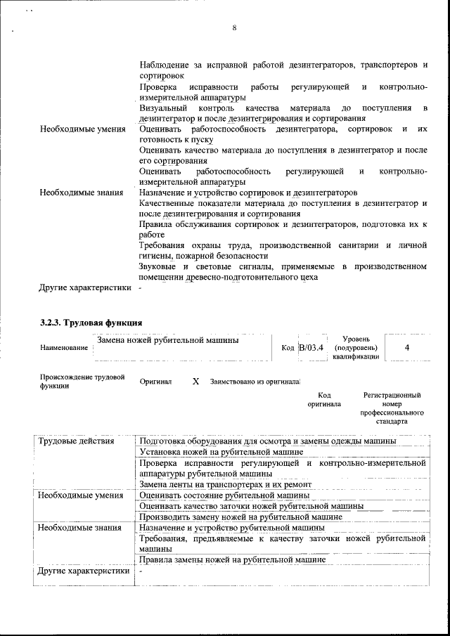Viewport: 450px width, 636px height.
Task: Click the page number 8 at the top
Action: click(233, 27)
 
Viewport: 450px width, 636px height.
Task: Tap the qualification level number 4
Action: click(408, 347)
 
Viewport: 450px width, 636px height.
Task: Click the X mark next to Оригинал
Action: click(195, 382)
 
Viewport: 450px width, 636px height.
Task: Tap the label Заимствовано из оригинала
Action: click(255, 382)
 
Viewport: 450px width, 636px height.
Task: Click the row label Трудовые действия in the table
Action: click(75, 441)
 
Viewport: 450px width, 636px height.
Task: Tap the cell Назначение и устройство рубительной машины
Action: click(231, 527)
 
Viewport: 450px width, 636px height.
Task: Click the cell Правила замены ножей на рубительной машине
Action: click(232, 560)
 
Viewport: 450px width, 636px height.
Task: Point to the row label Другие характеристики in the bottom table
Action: click(84, 571)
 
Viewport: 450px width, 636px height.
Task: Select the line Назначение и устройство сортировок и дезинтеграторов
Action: click(248, 192)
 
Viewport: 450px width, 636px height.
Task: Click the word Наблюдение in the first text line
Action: click(166, 65)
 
